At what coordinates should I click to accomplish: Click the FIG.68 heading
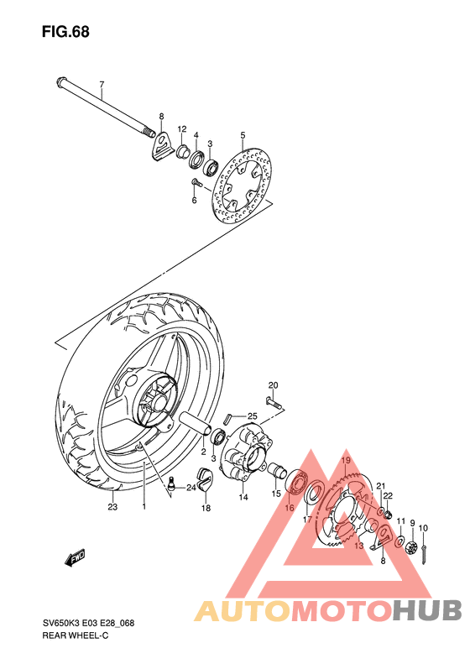(x=65, y=32)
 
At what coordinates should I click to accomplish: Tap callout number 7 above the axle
(x=102, y=85)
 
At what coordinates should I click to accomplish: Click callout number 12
(x=181, y=129)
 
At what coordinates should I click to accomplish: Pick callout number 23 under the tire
(x=112, y=506)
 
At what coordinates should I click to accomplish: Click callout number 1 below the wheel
(x=144, y=506)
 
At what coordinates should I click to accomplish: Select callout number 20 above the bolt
(x=273, y=384)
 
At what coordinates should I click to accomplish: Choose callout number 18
(x=206, y=508)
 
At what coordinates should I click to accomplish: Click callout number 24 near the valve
(x=191, y=488)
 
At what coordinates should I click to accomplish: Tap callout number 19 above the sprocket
(x=345, y=461)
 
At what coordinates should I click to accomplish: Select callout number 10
(x=423, y=528)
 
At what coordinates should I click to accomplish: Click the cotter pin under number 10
(x=427, y=553)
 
